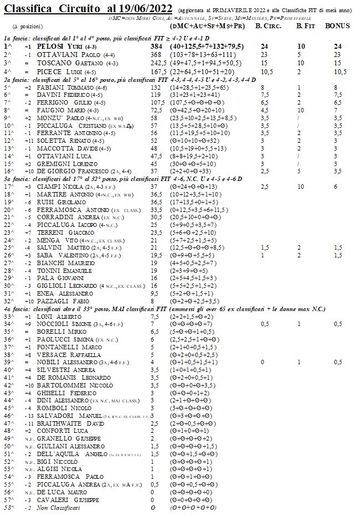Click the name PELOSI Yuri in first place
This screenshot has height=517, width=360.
pyautogui.click(x=63, y=48)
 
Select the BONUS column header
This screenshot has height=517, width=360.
pyautogui.click(x=337, y=26)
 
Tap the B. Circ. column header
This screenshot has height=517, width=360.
pyautogui.click(x=266, y=26)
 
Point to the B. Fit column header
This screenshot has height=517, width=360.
pyautogui.click(x=306, y=26)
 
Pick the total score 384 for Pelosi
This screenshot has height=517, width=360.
pyautogui.click(x=157, y=48)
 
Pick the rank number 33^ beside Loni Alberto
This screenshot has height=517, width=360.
pyautogui.click(x=8, y=316)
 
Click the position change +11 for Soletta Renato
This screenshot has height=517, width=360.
pyautogui.click(x=27, y=141)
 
